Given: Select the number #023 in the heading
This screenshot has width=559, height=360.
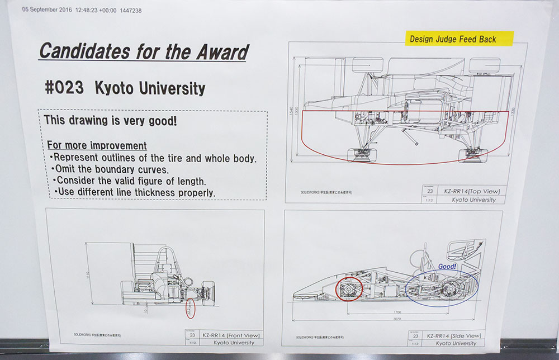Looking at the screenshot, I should [64, 88].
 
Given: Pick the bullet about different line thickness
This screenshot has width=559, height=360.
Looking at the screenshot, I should [135, 193].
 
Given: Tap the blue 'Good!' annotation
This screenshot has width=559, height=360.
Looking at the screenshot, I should [447, 267].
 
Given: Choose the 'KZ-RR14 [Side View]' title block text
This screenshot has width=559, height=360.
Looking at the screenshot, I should [456, 335].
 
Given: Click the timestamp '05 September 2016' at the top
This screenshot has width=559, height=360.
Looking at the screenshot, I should [48, 10].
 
